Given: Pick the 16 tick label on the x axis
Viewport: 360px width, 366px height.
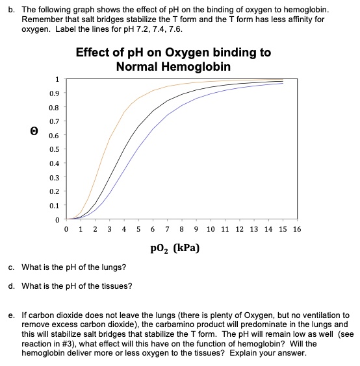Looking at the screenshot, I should (297, 229).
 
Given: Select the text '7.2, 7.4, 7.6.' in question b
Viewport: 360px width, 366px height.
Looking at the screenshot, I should (157, 30).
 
